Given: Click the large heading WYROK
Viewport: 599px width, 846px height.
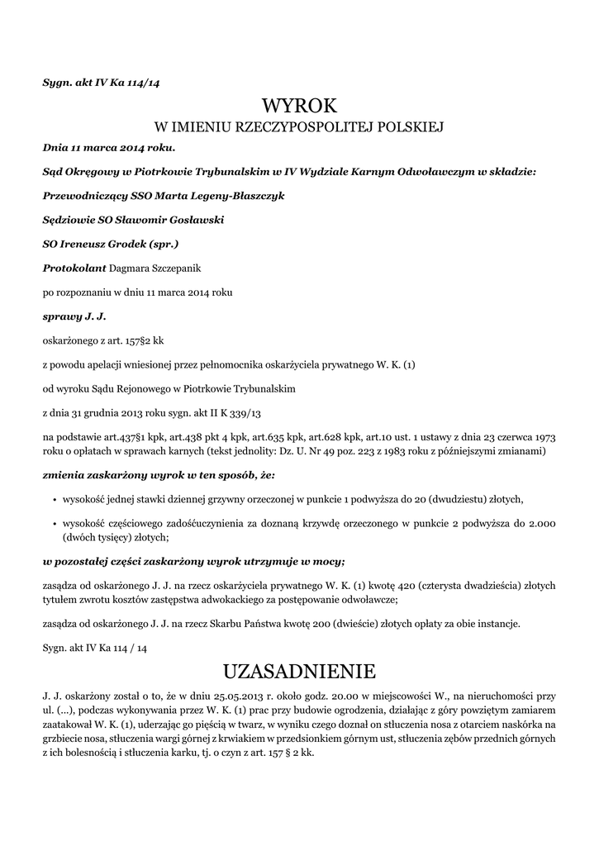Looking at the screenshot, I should pyautogui.click(x=300, y=106).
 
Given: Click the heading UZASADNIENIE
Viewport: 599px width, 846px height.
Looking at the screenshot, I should pyautogui.click(x=299, y=668).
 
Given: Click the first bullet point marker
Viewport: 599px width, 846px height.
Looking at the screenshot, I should pyautogui.click(x=53, y=500).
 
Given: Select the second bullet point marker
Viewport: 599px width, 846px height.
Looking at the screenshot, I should pyautogui.click(x=53, y=525).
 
